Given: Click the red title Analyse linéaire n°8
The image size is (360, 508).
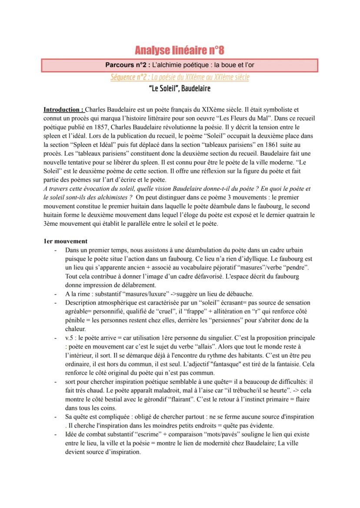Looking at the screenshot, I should pyautogui.click(x=180, y=50).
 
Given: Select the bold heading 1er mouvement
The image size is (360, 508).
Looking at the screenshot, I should pyautogui.click(x=66, y=241).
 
